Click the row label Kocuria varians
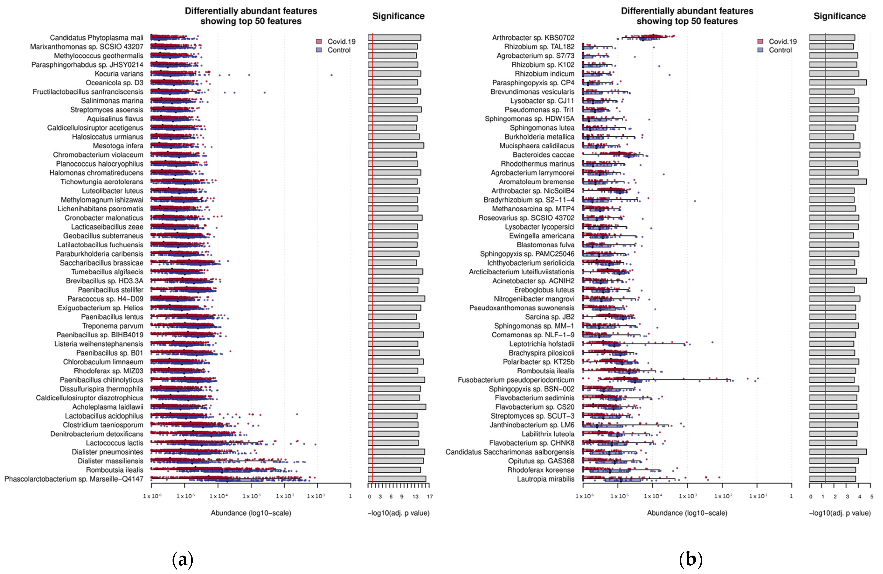pos(119,73)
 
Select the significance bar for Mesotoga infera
pos(396,146)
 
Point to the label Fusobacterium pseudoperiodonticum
pos(516,380)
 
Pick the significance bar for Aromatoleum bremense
pos(838,182)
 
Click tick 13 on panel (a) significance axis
pos(416,496)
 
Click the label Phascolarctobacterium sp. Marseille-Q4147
pos(74,479)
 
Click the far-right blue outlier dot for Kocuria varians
pos(331,75)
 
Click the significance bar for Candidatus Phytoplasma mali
pos(394,38)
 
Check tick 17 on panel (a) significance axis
pos(430,496)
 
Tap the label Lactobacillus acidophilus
pos(104,416)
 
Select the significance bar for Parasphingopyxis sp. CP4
pos(838,82)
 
